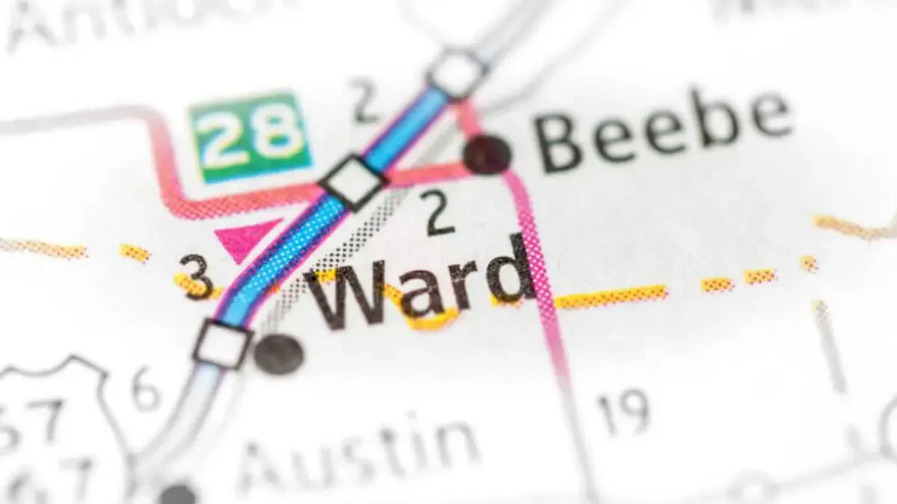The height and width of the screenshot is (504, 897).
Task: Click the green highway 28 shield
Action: (x=250, y=137)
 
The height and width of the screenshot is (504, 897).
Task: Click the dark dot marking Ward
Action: (x=278, y=353)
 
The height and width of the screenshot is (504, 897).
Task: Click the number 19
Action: (x=623, y=413)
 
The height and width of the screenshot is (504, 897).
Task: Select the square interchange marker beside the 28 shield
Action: (x=353, y=181)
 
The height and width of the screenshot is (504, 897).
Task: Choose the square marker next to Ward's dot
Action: (x=222, y=344)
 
